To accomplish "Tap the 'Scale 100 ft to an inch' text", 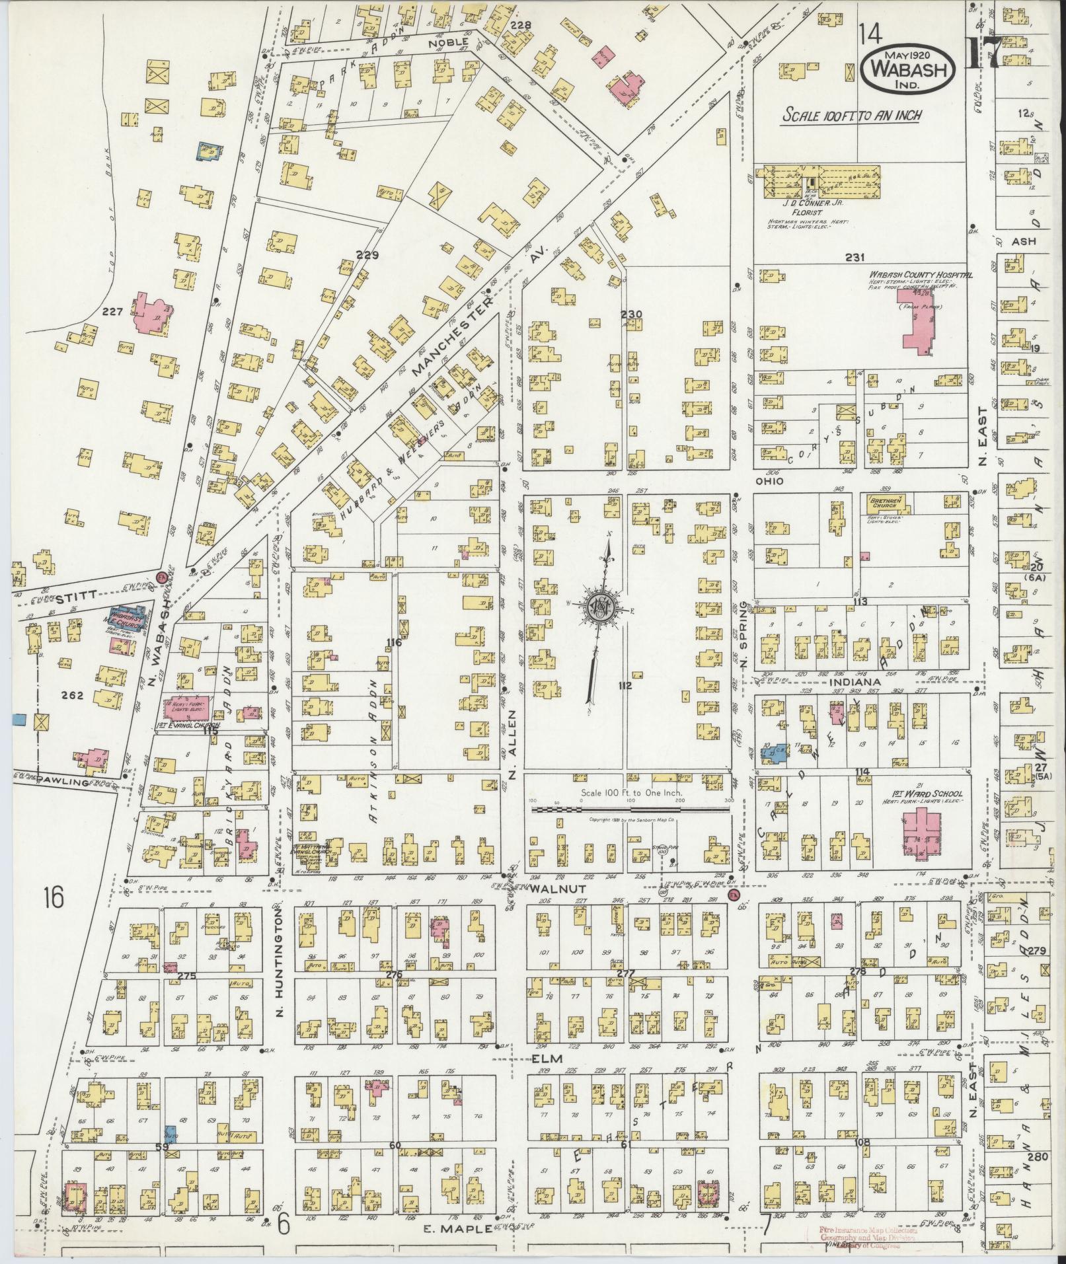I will (851, 115).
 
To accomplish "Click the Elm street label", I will (546, 1058).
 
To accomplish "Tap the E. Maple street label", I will (457, 1228).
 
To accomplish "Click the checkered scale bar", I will (628, 809).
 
